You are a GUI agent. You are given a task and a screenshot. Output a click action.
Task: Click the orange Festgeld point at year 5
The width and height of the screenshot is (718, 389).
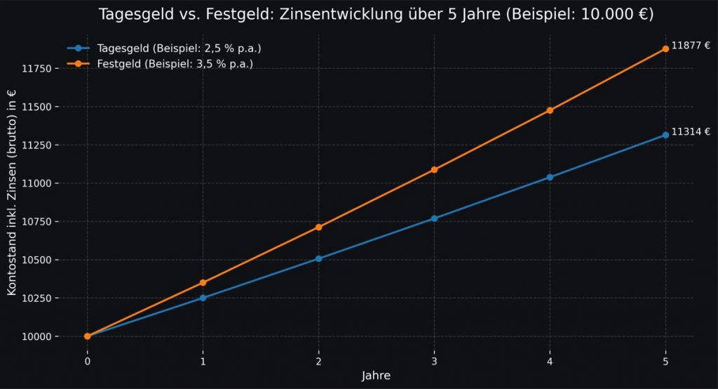[x=665, y=49]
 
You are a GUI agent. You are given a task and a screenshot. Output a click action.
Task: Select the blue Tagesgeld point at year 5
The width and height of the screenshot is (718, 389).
[x=665, y=135]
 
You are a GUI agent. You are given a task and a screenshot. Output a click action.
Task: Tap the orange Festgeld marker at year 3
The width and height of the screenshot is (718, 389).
[x=434, y=170]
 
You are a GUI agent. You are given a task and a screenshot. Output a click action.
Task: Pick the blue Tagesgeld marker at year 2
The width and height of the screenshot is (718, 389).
[x=318, y=259]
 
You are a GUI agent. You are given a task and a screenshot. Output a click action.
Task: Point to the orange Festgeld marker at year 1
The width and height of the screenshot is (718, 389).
[x=203, y=283]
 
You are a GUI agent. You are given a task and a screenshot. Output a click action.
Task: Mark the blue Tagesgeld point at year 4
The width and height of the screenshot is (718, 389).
[x=550, y=178]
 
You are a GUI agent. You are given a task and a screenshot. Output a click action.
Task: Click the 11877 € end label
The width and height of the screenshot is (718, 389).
[x=691, y=46]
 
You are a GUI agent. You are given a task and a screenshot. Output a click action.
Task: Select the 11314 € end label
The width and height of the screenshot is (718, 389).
[x=691, y=131]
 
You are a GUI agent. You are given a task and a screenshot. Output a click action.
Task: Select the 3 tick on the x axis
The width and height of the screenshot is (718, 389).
[x=434, y=361]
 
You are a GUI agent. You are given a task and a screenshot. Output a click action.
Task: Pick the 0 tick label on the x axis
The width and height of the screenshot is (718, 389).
[x=88, y=361]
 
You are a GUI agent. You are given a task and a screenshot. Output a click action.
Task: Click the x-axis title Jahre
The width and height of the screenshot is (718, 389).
[x=376, y=376]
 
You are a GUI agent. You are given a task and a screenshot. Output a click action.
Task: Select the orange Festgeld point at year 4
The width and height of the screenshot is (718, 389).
[x=550, y=110]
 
